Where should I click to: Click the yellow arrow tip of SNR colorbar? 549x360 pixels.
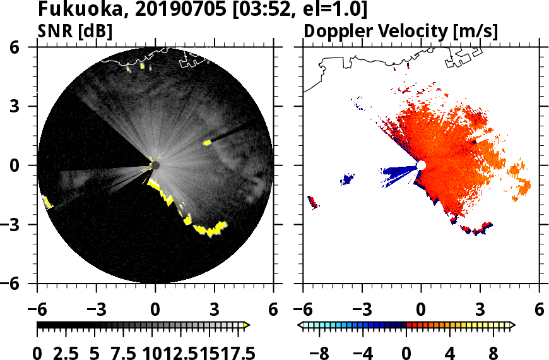tap(247, 325)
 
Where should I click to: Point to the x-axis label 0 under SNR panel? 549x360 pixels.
tap(155, 311)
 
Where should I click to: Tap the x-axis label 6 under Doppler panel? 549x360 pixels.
tap(539, 311)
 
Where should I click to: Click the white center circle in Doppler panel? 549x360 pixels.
tap(422, 165)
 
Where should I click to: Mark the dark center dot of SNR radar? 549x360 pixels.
tap(155, 165)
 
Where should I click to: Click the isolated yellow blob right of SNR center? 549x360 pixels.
tap(207, 143)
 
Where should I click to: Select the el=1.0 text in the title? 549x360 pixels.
tap(331, 10)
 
